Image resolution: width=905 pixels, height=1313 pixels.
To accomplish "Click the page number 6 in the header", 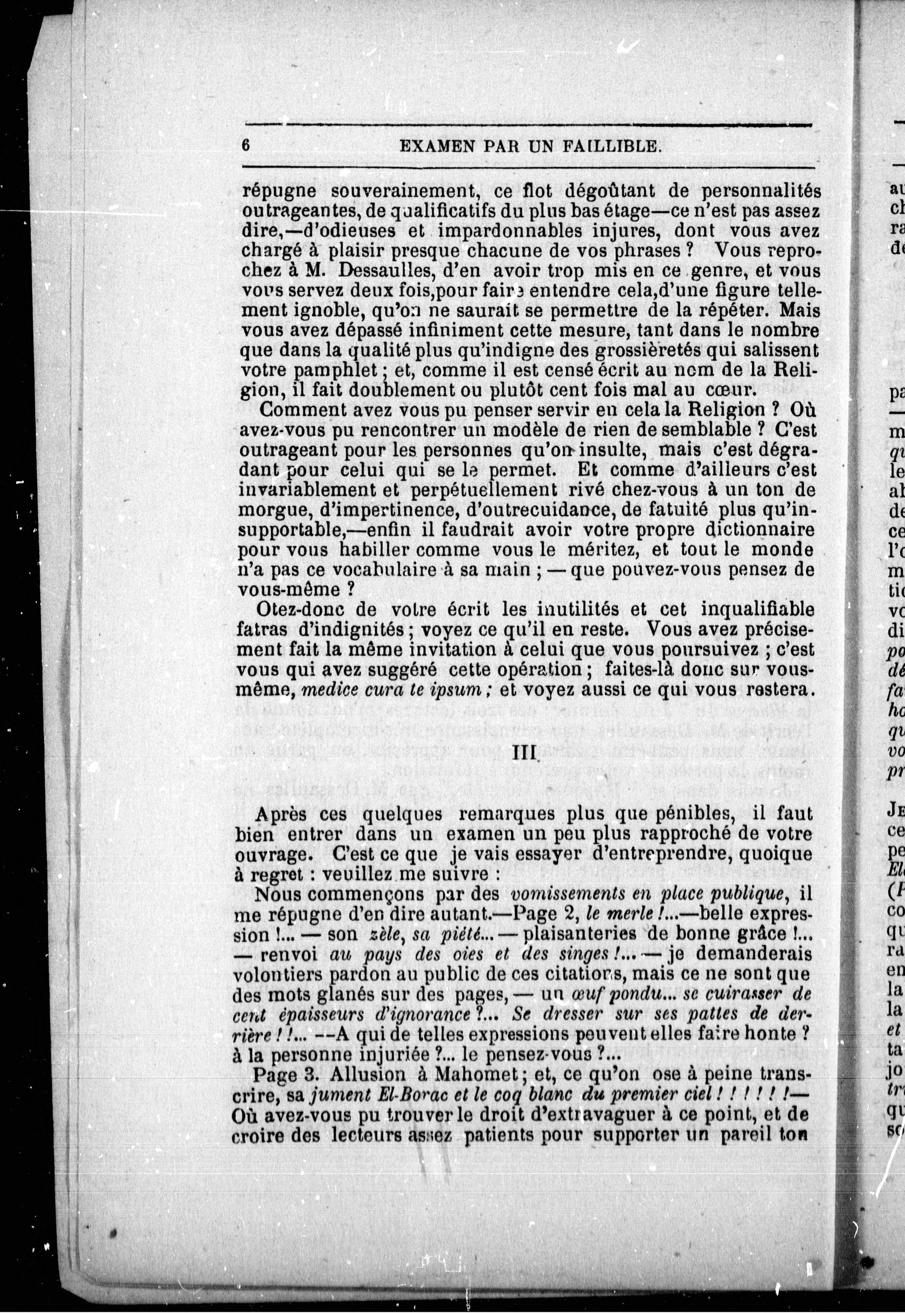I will tap(245, 145).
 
